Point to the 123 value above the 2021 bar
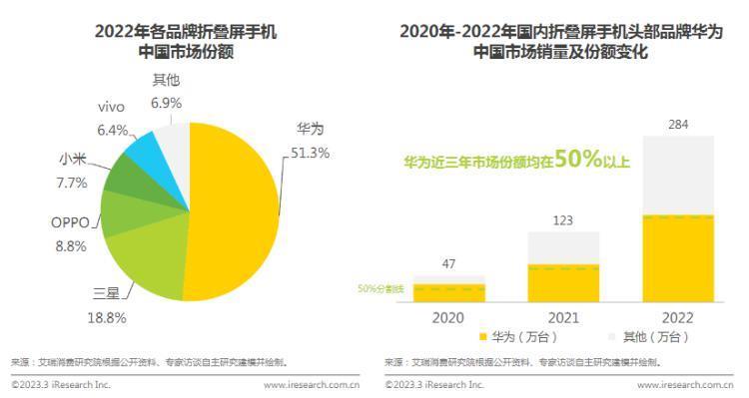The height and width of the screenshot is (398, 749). point(563,220)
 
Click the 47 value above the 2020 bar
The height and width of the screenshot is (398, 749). point(448,264)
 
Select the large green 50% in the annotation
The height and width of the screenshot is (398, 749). point(578,160)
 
